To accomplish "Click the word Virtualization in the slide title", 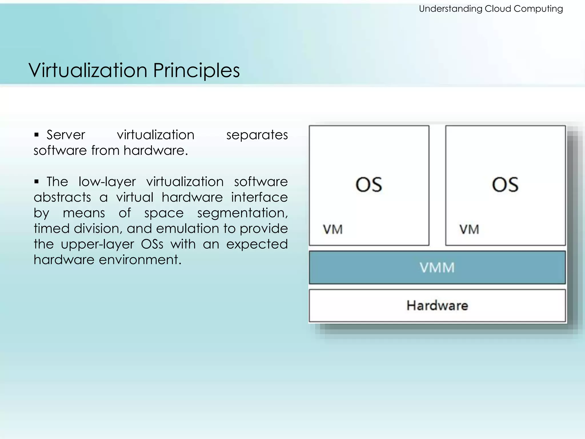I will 88,70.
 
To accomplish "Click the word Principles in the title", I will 197,70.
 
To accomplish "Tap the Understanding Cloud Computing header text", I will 491,9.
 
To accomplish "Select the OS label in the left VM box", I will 369,184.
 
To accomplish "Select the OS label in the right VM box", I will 505,184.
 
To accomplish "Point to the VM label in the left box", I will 333,230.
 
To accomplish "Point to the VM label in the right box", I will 469,230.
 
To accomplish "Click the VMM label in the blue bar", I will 437,268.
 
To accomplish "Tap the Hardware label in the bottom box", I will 437,306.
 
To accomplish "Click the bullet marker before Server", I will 36,135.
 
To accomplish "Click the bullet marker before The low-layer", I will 36,181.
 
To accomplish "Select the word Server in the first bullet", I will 66,135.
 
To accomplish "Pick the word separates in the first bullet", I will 257,135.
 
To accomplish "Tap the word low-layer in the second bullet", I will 107,182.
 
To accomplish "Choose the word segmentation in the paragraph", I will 242,213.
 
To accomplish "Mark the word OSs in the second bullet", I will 152,244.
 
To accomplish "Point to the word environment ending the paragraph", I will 140,260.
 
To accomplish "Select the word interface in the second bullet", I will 259,197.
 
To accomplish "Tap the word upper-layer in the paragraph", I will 97,244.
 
